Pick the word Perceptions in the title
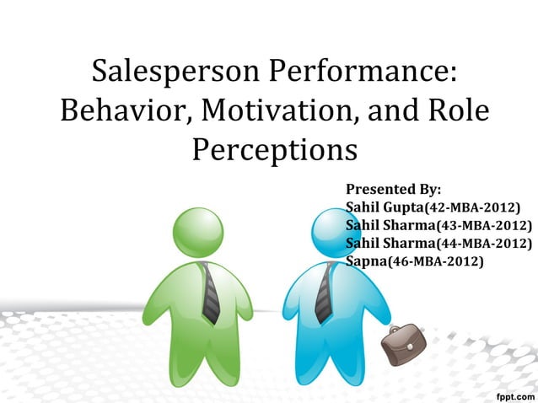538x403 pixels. [275, 150]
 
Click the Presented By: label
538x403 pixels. [393, 188]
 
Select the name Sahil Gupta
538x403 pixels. [384, 207]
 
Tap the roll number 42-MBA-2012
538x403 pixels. [473, 207]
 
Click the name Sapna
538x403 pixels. [364, 262]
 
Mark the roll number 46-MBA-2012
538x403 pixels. [436, 262]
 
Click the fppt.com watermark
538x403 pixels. [512, 393]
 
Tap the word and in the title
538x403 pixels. [379, 110]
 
